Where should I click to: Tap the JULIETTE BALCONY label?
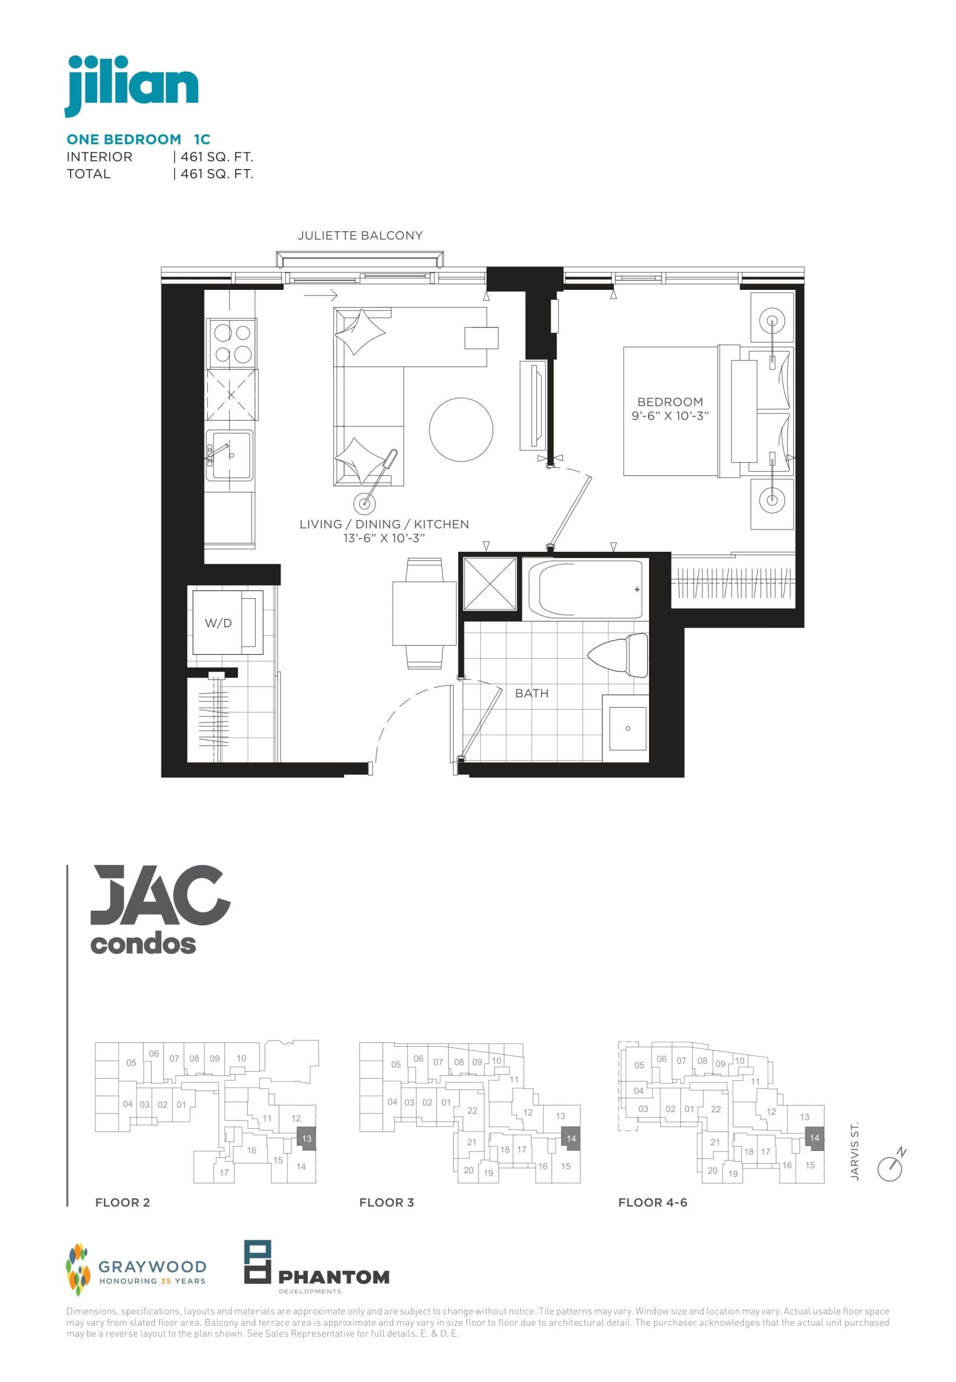click(360, 235)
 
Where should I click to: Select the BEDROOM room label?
click(670, 402)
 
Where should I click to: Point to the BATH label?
click(531, 693)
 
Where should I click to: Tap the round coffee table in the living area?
click(461, 430)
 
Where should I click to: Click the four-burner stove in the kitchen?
click(233, 343)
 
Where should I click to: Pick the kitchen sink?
click(229, 455)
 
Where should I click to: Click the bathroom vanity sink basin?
click(627, 728)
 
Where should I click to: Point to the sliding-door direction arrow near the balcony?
click(320, 295)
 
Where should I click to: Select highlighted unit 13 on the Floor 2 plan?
click(306, 1139)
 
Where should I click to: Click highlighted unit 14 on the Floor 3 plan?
click(571, 1139)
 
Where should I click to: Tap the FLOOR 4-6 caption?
click(652, 1203)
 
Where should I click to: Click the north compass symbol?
click(891, 1166)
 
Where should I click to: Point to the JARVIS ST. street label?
click(855, 1151)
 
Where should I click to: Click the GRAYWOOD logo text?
click(152, 1266)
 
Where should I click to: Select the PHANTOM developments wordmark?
click(333, 1277)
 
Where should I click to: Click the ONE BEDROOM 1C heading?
click(138, 140)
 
